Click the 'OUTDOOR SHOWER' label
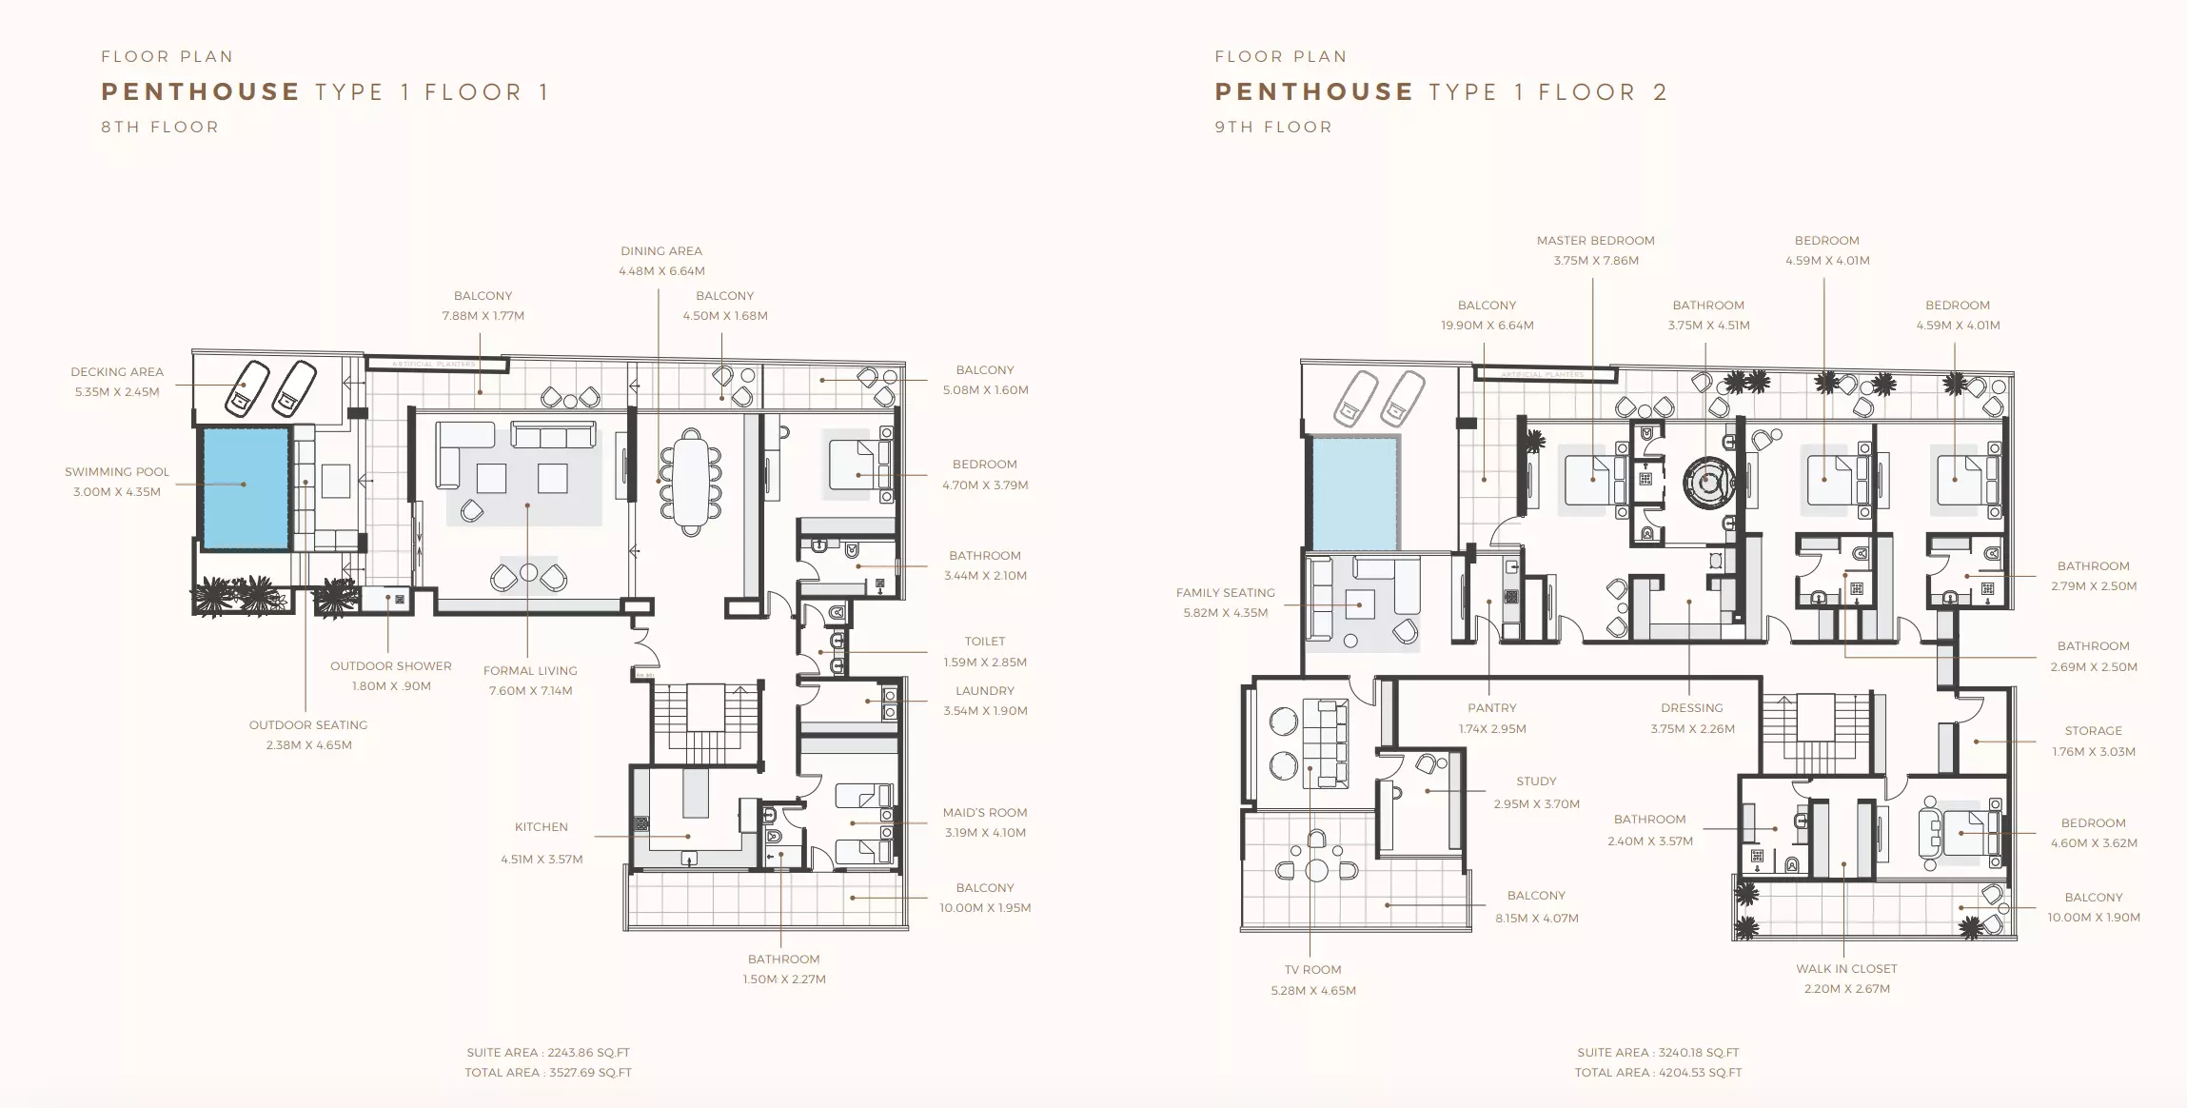tap(391, 665)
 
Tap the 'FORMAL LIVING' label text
tap(530, 670)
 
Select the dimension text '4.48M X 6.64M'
tap(661, 271)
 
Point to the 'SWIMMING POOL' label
tap(117, 471)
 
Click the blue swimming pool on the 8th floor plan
tap(244, 488)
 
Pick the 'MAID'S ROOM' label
tap(985, 812)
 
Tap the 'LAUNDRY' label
tap(985, 690)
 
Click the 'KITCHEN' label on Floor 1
tap(542, 826)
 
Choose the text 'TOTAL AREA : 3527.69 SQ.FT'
tap(548, 1072)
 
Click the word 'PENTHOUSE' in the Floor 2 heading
tap(1314, 91)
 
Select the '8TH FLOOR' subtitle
tap(160, 127)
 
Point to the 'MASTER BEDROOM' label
tap(1596, 240)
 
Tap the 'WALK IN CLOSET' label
tap(1846, 968)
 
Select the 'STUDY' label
tap(1536, 781)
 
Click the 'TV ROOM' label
tap(1312, 969)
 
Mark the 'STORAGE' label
tap(2093, 730)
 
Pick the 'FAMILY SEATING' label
tap(1226, 592)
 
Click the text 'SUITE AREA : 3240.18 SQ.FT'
tap(1658, 1052)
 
